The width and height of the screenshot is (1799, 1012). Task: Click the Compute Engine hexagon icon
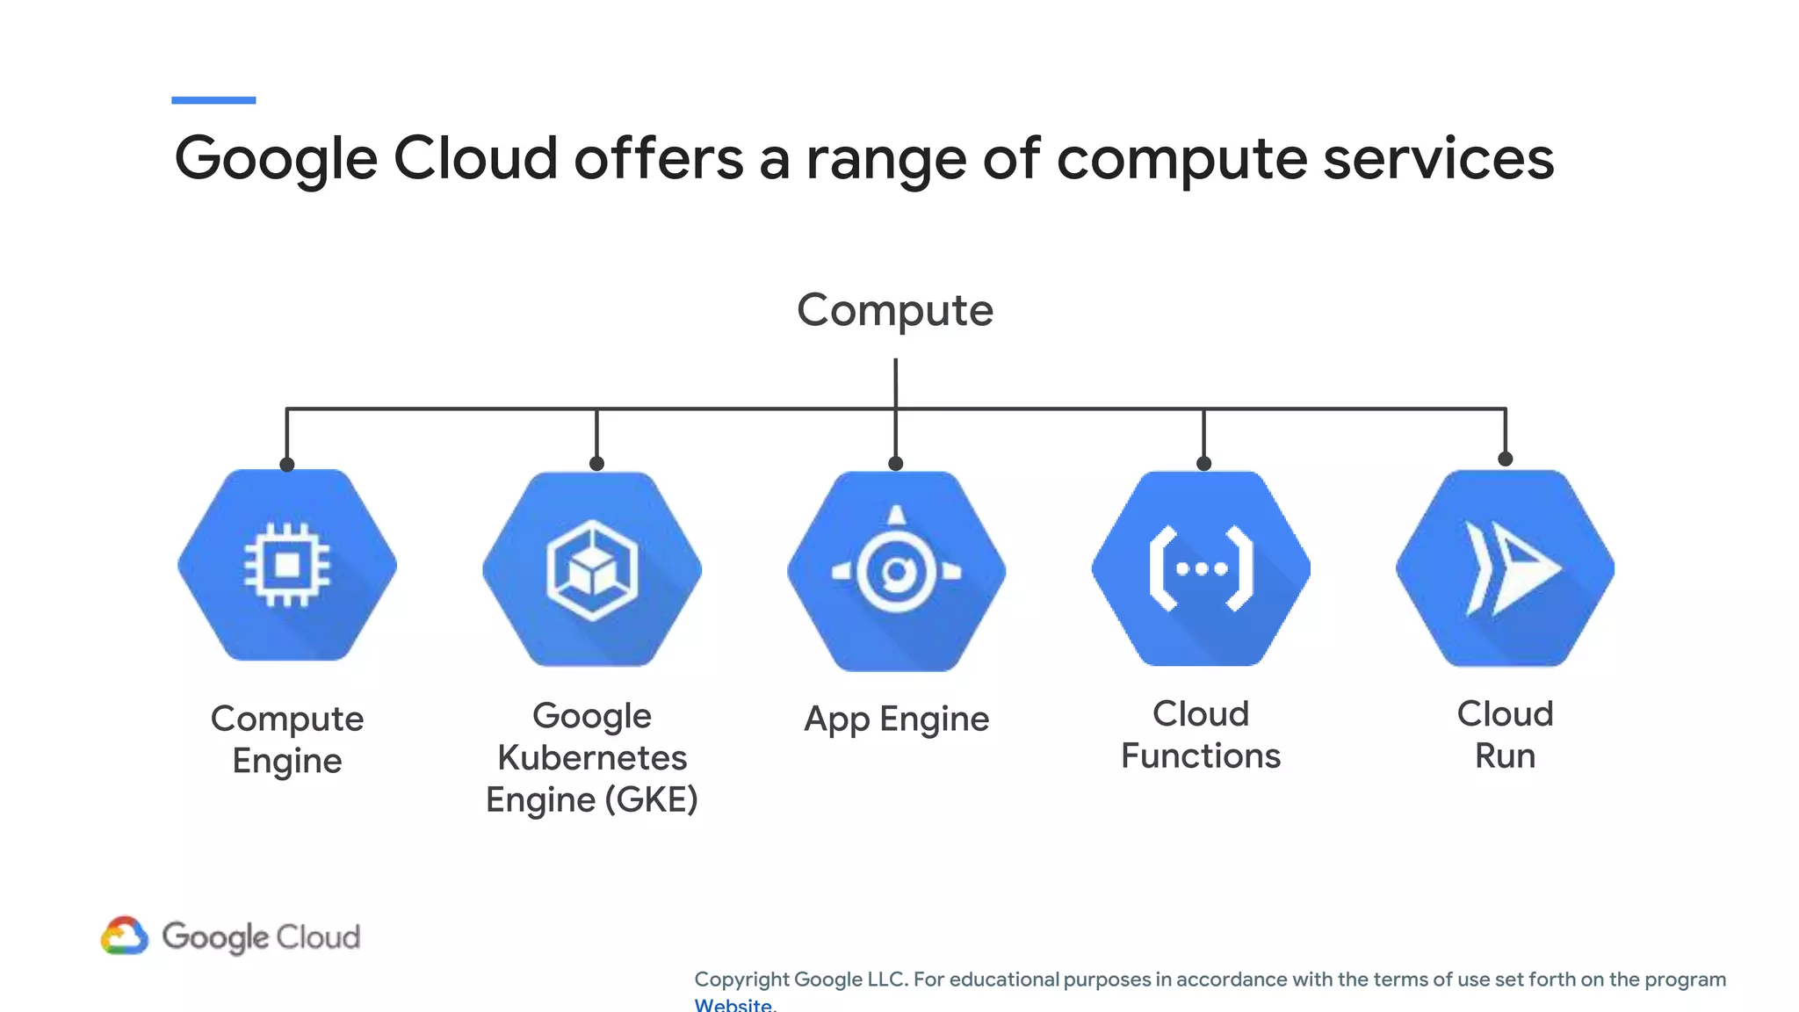pyautogui.click(x=287, y=565)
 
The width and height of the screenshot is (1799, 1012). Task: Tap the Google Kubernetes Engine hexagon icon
pyautogui.click(x=592, y=569)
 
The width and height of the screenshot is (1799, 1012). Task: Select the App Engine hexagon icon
pyautogui.click(x=896, y=571)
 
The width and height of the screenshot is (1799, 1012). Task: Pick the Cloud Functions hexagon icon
pyautogui.click(x=1201, y=568)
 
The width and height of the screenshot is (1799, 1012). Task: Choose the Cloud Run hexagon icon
pyautogui.click(x=1505, y=568)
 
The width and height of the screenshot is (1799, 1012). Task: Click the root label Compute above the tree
pyautogui.click(x=895, y=310)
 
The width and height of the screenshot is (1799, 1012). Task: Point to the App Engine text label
pyautogui.click(x=896, y=719)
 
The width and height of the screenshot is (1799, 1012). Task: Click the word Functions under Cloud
pyautogui.click(x=1201, y=755)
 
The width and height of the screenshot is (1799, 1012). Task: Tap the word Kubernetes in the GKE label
pyautogui.click(x=592, y=757)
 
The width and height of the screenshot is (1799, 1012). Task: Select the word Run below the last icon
pyautogui.click(x=1505, y=755)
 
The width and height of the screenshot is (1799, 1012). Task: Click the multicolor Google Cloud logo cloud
pyautogui.click(x=124, y=936)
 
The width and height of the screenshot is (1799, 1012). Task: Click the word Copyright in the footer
pyautogui.click(x=742, y=979)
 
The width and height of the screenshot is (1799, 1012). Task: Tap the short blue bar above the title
pyautogui.click(x=213, y=100)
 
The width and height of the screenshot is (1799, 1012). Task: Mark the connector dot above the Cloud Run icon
pyautogui.click(x=1505, y=459)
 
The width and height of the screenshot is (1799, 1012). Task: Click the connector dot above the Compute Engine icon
pyautogui.click(x=287, y=464)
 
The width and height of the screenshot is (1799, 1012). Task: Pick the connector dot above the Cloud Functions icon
pyautogui.click(x=1203, y=463)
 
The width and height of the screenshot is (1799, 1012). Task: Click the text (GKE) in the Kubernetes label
pyautogui.click(x=651, y=799)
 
